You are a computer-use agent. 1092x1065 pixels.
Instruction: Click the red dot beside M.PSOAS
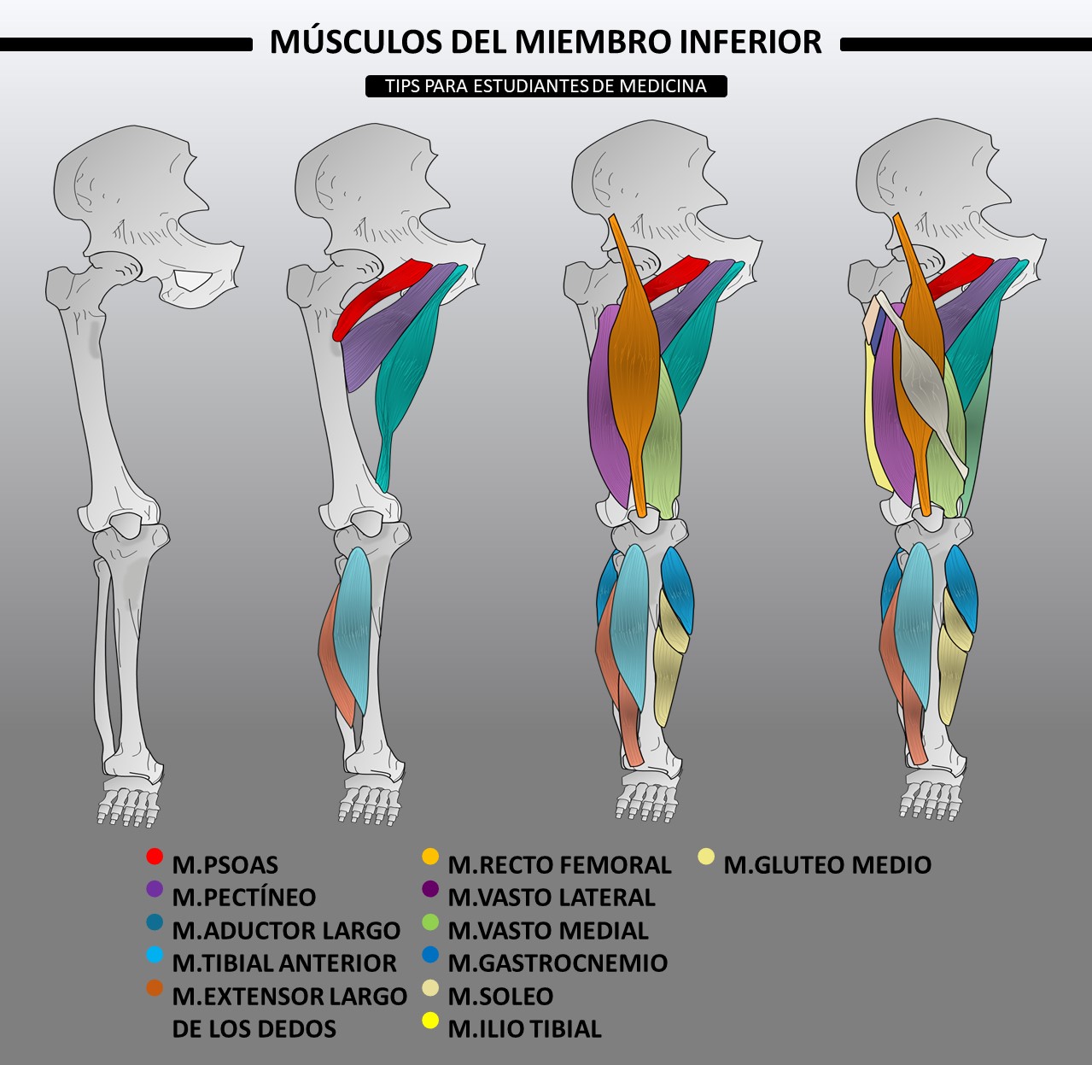click(x=155, y=857)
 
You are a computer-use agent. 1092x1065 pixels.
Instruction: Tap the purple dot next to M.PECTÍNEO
click(x=155, y=889)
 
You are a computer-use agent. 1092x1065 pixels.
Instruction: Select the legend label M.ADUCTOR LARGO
click(x=286, y=931)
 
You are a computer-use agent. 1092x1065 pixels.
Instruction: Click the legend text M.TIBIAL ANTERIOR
click(x=284, y=963)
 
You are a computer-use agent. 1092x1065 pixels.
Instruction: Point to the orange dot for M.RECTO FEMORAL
click(x=430, y=857)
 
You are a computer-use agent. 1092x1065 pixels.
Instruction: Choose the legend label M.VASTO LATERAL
click(x=552, y=898)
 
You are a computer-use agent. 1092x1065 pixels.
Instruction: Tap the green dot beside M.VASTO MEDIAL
click(x=430, y=922)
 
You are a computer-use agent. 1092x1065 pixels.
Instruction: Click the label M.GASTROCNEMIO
click(x=558, y=963)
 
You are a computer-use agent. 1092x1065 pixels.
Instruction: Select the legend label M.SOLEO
click(x=500, y=997)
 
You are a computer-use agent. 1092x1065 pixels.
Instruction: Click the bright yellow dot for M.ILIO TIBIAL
click(x=430, y=1021)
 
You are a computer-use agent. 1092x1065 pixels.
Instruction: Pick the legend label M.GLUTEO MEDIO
click(x=827, y=865)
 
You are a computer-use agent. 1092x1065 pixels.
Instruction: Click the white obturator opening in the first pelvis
click(x=192, y=280)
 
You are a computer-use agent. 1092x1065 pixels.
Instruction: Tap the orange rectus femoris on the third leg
click(x=634, y=365)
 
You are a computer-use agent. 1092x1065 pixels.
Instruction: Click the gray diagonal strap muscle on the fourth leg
click(x=920, y=382)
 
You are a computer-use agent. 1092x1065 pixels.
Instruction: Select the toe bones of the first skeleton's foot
click(x=128, y=807)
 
